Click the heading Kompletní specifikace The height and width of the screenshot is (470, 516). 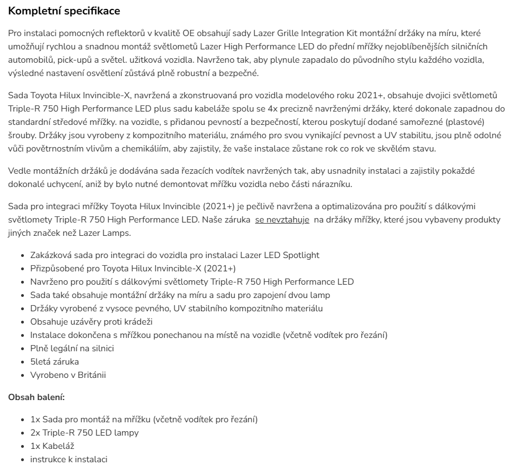click(x=64, y=11)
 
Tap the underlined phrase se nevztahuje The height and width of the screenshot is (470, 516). click(x=282, y=220)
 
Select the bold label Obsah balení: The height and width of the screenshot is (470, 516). click(x=37, y=397)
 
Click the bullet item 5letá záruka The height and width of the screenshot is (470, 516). click(x=54, y=362)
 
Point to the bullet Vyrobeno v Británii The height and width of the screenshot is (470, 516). click(x=68, y=375)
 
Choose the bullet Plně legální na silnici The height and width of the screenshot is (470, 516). click(x=72, y=348)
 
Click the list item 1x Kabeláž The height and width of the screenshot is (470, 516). click(x=52, y=446)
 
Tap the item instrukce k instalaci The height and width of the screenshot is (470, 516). click(x=69, y=459)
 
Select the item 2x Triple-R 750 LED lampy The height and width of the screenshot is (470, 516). click(x=84, y=433)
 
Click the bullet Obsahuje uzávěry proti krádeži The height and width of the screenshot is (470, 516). click(x=91, y=322)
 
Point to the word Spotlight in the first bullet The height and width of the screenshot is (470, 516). click(x=301, y=255)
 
